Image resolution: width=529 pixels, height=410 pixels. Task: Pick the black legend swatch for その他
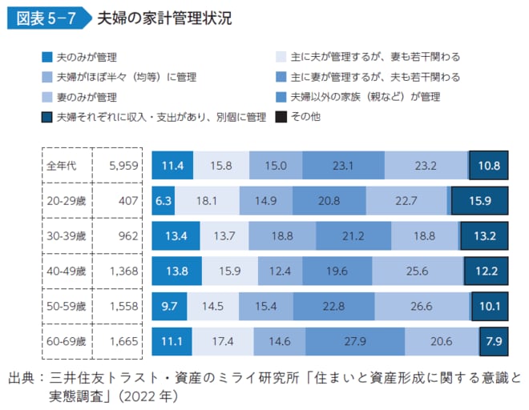pyautogui.click(x=281, y=117)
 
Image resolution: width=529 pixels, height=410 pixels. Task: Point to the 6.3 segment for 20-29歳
pyautogui.click(x=163, y=200)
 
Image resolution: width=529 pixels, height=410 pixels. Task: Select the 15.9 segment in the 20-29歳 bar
pyautogui.click(x=480, y=200)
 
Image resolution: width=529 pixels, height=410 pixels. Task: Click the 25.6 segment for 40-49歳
pyautogui.click(x=418, y=271)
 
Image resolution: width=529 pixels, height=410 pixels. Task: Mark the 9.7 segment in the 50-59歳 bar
pyautogui.click(x=169, y=305)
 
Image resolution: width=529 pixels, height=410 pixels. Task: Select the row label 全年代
pyautogui.click(x=63, y=166)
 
